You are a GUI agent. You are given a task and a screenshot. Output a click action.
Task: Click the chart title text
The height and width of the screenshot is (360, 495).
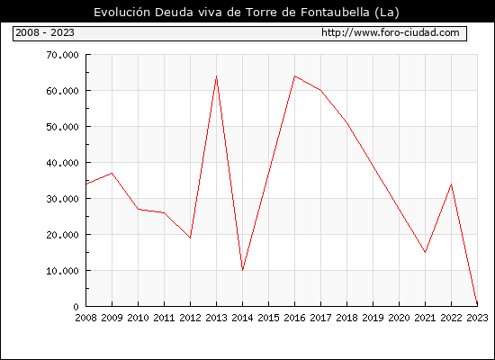coord(247,13)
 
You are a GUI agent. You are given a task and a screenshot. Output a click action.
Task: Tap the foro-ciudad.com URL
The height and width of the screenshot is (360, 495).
coord(391,32)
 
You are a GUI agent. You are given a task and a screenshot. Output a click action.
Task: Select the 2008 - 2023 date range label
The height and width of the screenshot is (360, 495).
coord(45,32)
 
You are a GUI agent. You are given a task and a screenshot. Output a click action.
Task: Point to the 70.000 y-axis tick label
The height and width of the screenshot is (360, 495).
coord(62,55)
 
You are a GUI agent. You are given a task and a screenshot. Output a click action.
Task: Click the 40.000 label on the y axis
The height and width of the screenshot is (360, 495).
coord(62,163)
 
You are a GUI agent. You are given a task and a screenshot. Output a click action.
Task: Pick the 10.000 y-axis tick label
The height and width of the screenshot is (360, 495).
coord(62,271)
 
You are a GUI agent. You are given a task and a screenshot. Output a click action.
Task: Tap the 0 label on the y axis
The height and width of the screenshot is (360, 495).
coord(76,307)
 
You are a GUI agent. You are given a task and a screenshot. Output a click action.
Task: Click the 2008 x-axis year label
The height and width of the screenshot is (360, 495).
coord(85,318)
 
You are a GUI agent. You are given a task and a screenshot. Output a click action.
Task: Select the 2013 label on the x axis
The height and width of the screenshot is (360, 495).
coord(216,318)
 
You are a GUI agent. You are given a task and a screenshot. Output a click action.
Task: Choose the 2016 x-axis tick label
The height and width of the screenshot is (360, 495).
coord(294,318)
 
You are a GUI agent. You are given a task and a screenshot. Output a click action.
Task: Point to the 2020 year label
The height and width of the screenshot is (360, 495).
coord(399,318)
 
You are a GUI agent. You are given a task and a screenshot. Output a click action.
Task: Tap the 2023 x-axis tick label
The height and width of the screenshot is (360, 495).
coord(477,318)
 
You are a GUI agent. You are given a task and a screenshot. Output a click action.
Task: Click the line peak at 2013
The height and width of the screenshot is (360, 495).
coord(216,76)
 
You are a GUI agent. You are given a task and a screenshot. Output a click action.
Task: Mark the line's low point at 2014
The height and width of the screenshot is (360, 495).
coord(242,270)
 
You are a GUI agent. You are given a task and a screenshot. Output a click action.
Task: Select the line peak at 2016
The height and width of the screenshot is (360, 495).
coord(294,76)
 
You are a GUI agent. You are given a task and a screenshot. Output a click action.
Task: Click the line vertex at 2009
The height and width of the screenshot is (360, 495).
coord(112,173)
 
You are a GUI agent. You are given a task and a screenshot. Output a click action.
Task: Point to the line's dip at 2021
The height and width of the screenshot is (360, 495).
coord(425,252)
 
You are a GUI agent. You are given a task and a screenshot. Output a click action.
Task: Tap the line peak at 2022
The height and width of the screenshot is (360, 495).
coord(452,184)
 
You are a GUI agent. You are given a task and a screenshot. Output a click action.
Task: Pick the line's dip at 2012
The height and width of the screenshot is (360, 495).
coord(191,238)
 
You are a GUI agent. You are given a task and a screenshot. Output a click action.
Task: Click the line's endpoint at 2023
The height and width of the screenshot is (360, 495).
coord(477,305)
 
